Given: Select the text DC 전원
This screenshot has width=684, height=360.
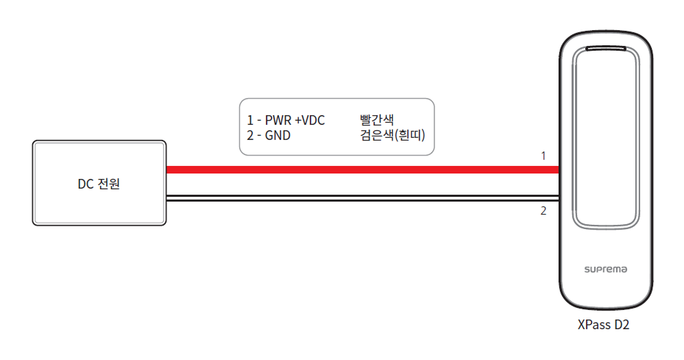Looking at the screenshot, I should [x=99, y=184].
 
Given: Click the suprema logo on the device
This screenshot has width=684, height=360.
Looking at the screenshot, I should [x=604, y=269].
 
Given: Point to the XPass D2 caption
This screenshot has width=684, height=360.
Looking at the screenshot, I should [x=603, y=326].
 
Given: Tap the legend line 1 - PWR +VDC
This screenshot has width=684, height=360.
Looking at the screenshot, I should [x=286, y=121].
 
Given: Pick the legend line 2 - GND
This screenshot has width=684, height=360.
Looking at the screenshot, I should [x=269, y=135].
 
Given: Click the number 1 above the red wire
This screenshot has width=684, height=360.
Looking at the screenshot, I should [x=543, y=156].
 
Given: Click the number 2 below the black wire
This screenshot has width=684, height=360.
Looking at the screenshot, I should [x=543, y=211].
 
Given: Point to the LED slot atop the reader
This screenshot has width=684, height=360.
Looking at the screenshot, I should [x=605, y=49].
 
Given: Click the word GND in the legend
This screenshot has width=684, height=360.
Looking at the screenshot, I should [x=277, y=135].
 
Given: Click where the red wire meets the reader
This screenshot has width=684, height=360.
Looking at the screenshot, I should [x=558, y=169].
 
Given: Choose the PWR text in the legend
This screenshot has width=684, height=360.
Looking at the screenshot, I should [x=277, y=121].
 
